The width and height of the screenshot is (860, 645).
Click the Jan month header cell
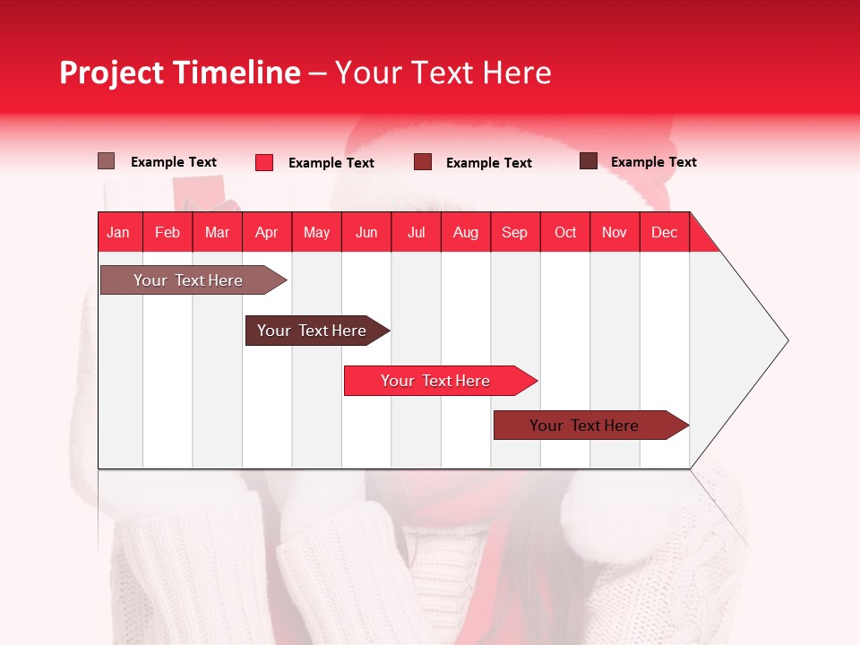coord(119,232)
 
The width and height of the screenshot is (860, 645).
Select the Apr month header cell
coord(267,232)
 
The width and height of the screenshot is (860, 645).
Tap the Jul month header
coord(416,232)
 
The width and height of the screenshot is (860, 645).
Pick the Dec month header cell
coord(664,232)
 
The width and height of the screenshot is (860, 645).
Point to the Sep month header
coord(515,232)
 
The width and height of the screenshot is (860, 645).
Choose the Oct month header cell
coord(565,232)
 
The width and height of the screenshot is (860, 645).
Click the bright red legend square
coord(264,162)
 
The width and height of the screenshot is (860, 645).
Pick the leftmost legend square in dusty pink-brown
coord(106,161)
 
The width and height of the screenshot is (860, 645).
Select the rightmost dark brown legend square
coord(589,161)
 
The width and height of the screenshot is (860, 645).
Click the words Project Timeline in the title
coord(179,73)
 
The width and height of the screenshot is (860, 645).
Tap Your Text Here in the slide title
coord(443,73)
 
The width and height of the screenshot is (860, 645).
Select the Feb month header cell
coord(168,232)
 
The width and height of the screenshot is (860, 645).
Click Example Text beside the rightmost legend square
coord(653,162)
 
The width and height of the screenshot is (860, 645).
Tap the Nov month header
coord(615,232)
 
